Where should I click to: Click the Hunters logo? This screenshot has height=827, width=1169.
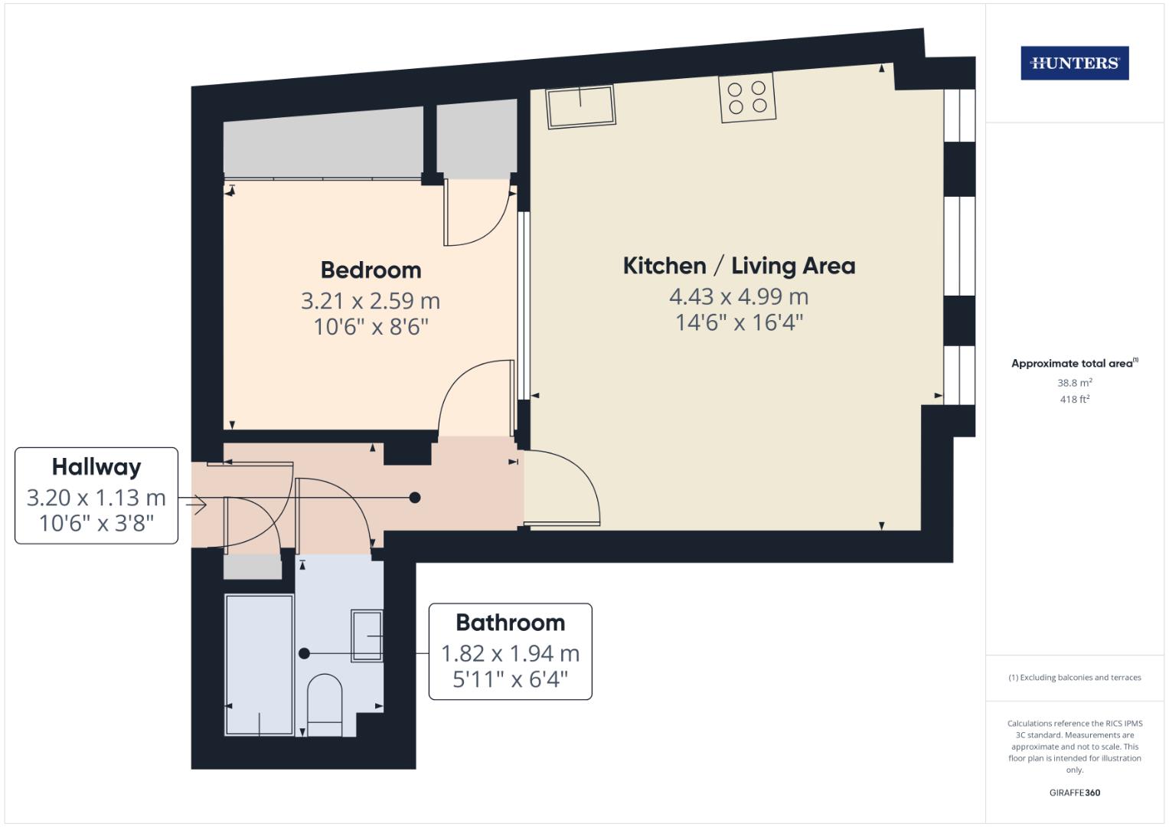point(1074,63)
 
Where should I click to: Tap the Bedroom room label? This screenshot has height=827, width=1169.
point(371,270)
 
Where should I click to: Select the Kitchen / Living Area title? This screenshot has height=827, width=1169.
point(739,266)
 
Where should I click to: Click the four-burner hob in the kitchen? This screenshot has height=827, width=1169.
point(747,97)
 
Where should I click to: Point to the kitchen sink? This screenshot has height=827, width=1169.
point(580,106)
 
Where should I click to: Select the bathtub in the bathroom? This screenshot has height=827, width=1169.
point(260,665)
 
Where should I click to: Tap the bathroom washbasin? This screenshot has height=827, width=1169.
point(367,636)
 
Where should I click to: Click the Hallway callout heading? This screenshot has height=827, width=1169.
point(96,466)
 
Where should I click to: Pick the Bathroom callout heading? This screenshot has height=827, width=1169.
point(510,622)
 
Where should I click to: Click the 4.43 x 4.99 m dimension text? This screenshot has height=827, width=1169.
point(739,296)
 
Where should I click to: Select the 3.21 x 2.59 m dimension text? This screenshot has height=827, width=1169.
point(371,301)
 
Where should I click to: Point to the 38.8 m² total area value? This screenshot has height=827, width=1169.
point(1074,382)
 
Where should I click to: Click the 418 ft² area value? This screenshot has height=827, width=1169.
point(1074,399)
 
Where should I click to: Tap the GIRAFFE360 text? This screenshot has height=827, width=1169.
point(1074,793)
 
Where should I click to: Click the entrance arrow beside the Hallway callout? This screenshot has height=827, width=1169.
point(196,504)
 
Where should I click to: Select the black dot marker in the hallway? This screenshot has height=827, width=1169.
point(415,498)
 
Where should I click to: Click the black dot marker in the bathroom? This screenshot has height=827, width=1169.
point(304,654)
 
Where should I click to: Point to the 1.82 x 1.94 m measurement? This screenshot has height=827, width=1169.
point(510,653)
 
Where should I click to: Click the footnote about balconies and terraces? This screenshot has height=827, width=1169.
point(1074,678)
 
